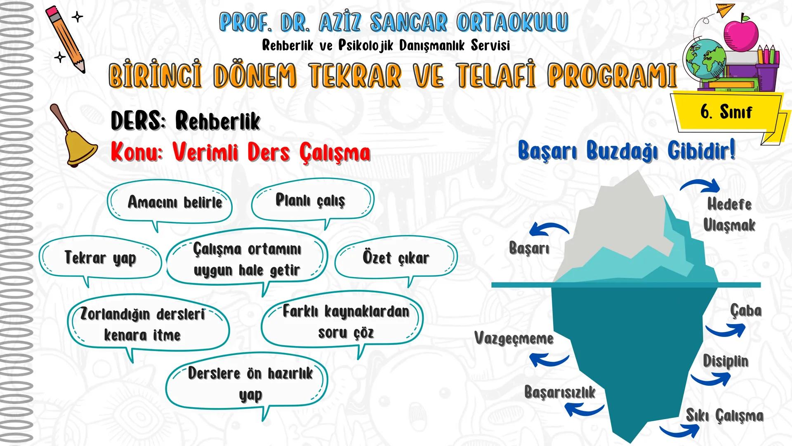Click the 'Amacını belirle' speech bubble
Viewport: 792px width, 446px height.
pos(170,203)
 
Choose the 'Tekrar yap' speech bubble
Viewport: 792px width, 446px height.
pos(100,258)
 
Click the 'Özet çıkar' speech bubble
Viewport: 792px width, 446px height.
pos(396,258)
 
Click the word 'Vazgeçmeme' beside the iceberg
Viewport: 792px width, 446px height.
pos(514,339)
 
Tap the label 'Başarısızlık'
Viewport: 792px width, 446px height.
pos(560,392)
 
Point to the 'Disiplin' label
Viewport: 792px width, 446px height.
pos(725,361)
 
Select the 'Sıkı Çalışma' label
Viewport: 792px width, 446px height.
pos(724,415)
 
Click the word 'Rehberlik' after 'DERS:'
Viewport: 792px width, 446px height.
pos(217,121)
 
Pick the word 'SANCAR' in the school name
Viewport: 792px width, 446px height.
pos(408,22)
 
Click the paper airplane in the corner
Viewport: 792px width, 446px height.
pos(725,9)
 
